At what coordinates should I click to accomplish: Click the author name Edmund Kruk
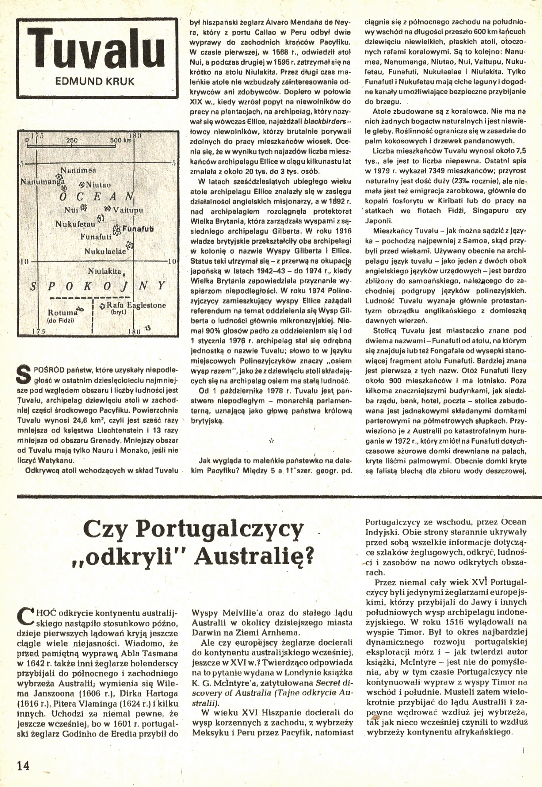(x=95, y=81)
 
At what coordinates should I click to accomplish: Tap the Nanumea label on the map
(x=78, y=170)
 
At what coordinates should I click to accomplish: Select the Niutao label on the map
(x=98, y=185)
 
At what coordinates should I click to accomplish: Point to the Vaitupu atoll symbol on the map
(x=108, y=208)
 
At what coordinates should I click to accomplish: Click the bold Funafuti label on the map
(x=138, y=229)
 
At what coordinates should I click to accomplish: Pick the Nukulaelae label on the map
(x=105, y=251)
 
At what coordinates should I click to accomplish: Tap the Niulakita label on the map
(x=105, y=271)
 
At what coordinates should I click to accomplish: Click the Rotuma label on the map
(x=63, y=312)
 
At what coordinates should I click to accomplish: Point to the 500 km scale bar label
(x=120, y=140)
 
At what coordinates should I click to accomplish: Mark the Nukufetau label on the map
(x=75, y=224)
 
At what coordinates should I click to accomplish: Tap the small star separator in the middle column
(x=271, y=440)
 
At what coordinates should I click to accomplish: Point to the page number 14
(x=23, y=765)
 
